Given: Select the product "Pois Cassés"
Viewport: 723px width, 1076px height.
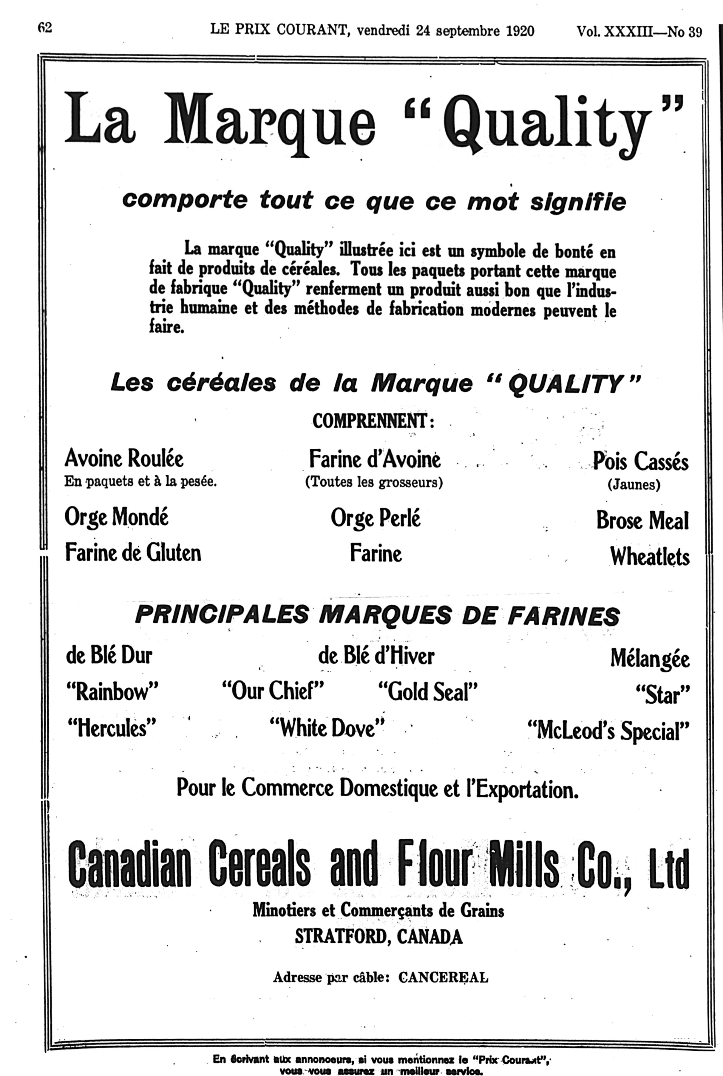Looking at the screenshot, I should click(x=640, y=461).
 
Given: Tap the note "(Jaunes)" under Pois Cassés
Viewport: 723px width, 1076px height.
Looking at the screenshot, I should click(x=634, y=485).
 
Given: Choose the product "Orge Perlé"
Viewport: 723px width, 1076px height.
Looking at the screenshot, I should click(x=375, y=518).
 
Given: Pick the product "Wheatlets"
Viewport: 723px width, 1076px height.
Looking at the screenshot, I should click(x=649, y=557).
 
